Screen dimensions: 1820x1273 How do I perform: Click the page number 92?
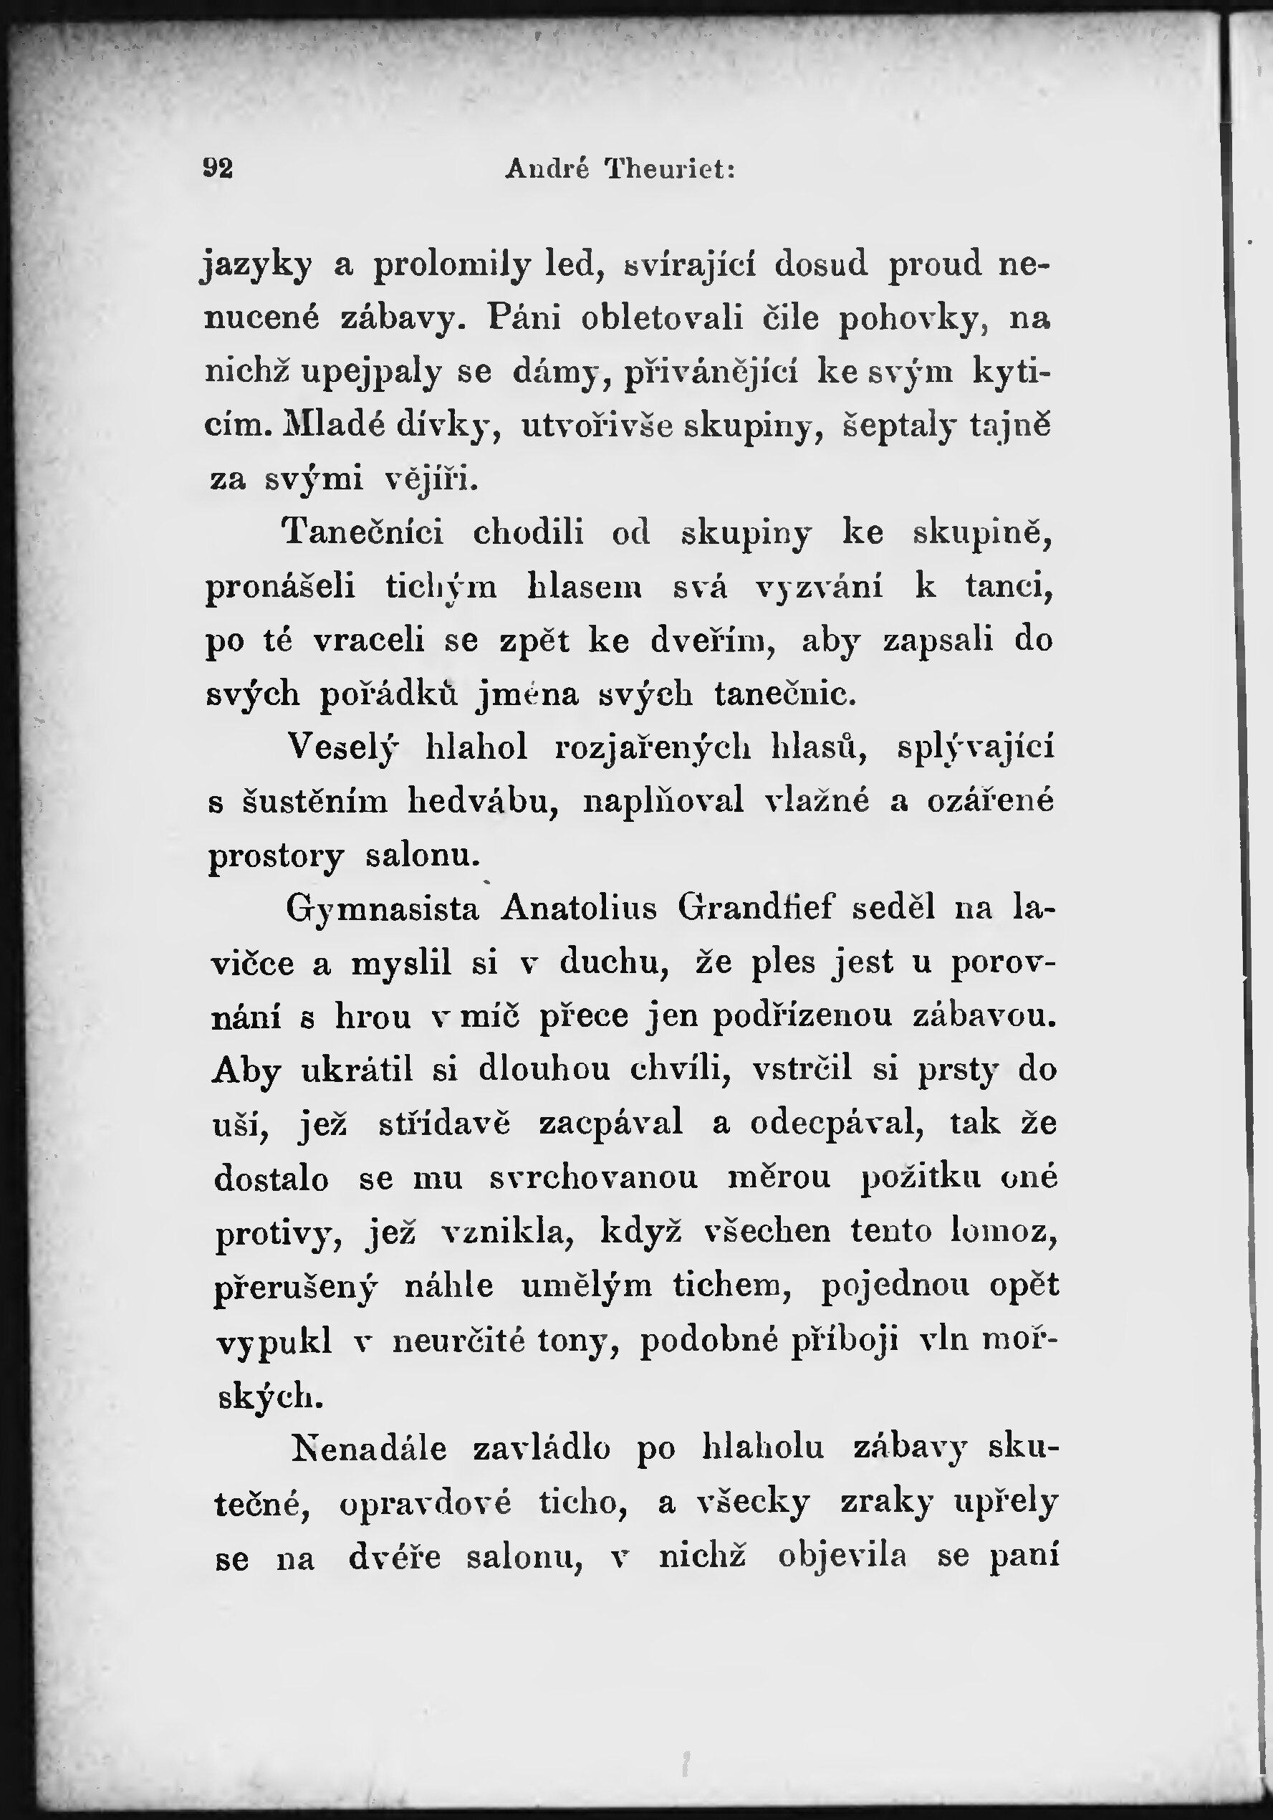(218, 169)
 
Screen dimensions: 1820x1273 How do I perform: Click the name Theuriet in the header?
(670, 169)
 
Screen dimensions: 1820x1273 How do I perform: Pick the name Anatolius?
(579, 908)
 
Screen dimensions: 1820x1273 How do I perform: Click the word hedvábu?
(484, 801)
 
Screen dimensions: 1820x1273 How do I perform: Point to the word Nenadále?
(369, 1448)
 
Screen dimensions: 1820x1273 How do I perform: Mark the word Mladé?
(333, 426)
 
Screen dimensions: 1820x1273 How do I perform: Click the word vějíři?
(431, 479)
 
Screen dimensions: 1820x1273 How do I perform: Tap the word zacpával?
(610, 1124)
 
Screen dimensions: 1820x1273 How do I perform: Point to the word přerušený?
(295, 1286)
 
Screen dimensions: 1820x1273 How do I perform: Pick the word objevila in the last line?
(842, 1556)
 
